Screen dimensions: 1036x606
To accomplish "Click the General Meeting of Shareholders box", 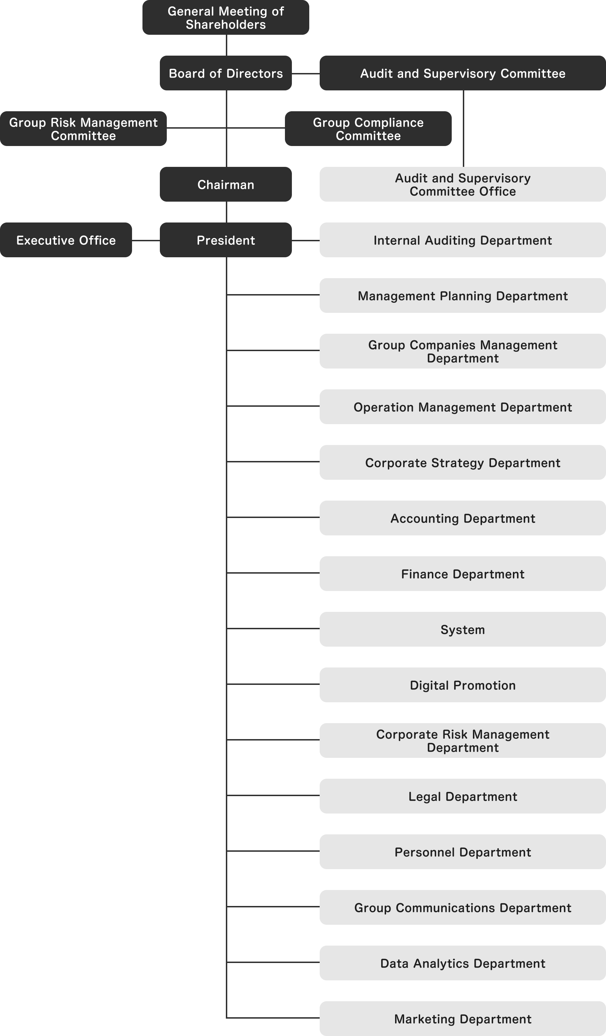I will [226, 17].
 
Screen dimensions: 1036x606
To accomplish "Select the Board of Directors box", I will [226, 73].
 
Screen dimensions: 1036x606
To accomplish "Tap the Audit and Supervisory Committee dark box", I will [462, 73].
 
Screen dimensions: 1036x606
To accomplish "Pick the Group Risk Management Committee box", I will [83, 129].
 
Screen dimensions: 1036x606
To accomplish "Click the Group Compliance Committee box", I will [368, 129].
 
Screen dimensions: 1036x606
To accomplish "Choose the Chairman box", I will [226, 184].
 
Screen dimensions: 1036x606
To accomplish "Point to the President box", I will [226, 240].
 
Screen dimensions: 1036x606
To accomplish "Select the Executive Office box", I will [66, 240].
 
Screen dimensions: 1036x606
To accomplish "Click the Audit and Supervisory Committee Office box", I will [462, 184].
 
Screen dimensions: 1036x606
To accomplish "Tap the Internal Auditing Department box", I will [462, 240].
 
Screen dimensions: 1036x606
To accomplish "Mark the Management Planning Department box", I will [462, 296].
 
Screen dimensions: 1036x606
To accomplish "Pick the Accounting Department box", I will [462, 518].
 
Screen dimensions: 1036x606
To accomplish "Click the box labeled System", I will [462, 629].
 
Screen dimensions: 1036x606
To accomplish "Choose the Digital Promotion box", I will [462, 685].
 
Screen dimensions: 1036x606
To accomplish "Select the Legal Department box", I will [462, 796].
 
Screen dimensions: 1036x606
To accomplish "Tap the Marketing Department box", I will [462, 1019].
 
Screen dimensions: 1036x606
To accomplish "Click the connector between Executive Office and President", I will [146, 241].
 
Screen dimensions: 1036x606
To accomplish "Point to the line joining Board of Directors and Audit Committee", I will [306, 74].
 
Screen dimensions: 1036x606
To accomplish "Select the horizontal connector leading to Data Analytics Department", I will [273, 962].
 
